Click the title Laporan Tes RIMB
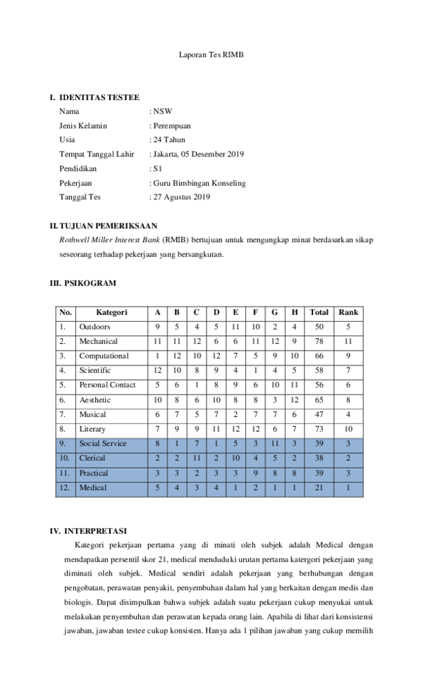[x=211, y=54]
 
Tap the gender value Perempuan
[x=171, y=125]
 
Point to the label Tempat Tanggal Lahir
[x=97, y=154]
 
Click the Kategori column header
[x=111, y=312]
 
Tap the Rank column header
[x=348, y=312]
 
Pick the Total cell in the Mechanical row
[x=319, y=342]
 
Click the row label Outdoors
[x=94, y=327]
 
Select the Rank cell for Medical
[x=348, y=487]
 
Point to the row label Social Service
[x=103, y=444]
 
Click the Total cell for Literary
[x=319, y=429]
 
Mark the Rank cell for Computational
[x=348, y=356]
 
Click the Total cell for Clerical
[x=319, y=458]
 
